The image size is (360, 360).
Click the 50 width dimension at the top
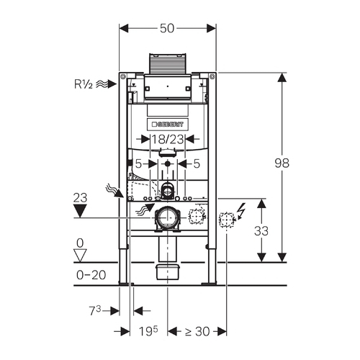click(x=167, y=28)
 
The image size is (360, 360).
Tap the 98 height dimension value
click(x=282, y=163)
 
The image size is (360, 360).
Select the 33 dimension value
click(x=261, y=231)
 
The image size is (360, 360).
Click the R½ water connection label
click(x=84, y=84)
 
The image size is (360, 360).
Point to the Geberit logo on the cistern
click(x=168, y=125)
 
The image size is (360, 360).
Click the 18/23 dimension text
click(x=168, y=139)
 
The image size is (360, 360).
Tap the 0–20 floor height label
click(x=91, y=275)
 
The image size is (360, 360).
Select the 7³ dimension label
click(x=95, y=311)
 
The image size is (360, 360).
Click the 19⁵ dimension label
click(x=148, y=331)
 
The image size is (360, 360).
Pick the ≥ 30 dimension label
click(x=197, y=331)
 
